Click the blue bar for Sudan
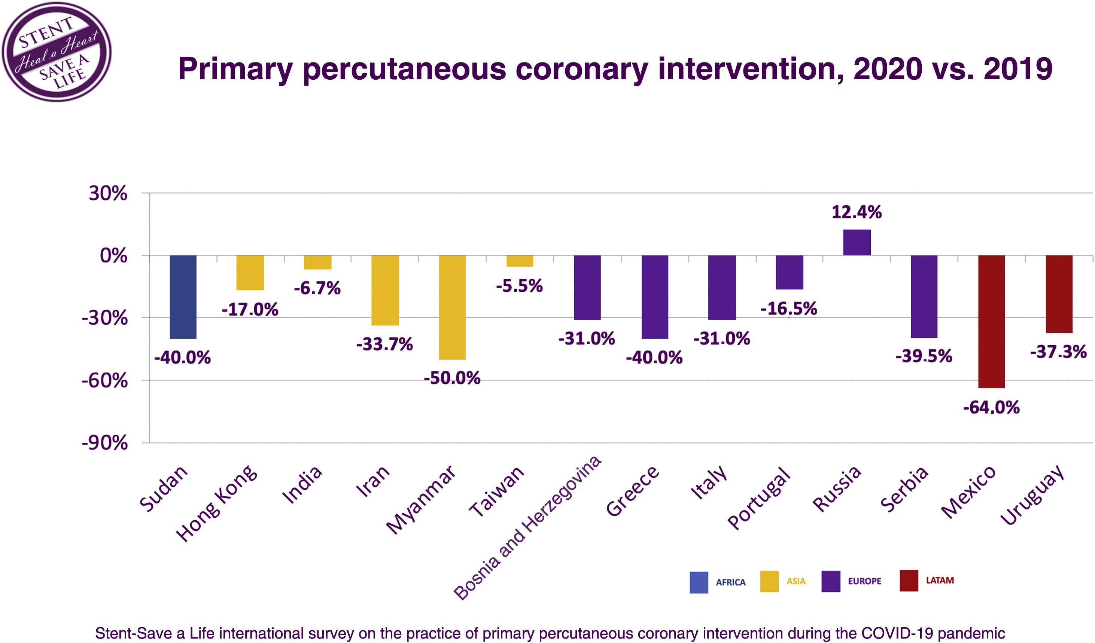point(183,297)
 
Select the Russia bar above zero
point(857,242)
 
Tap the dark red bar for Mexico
point(992,322)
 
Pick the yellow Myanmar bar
point(452,307)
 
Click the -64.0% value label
point(991,408)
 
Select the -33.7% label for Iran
point(384,344)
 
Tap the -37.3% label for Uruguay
point(1058,352)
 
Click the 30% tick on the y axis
point(108,193)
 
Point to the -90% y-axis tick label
point(105,443)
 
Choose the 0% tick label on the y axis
point(114,256)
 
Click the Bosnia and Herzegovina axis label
point(527,528)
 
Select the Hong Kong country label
point(216,503)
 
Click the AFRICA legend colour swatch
point(699,582)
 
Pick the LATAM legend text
point(940,581)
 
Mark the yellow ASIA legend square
point(769,581)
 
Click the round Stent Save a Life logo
point(57,52)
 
